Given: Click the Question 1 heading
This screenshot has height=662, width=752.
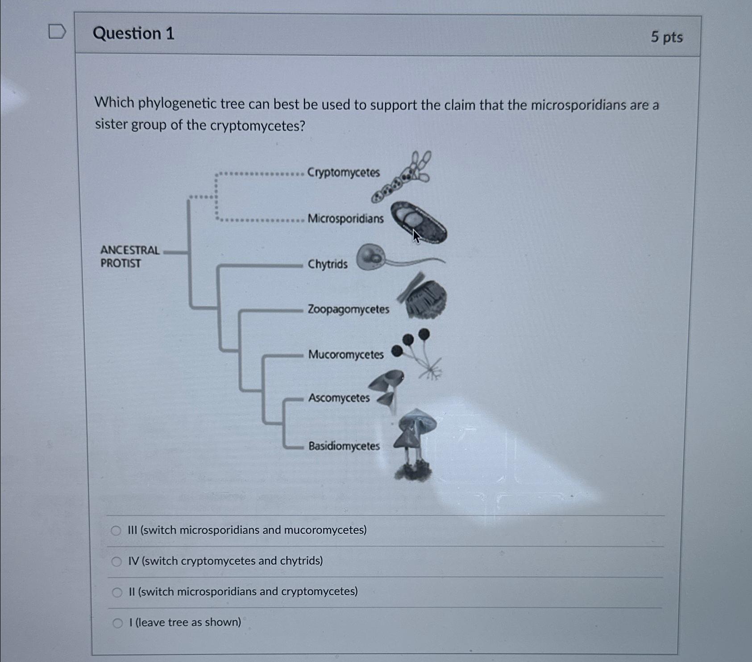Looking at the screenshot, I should point(133,34).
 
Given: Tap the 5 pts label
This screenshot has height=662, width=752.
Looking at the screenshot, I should point(666,37).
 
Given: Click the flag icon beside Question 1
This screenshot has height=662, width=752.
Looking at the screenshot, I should point(57,32).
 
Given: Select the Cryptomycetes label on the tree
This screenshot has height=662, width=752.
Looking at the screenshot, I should point(343,172).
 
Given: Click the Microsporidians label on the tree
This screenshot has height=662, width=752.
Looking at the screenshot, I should point(345,218).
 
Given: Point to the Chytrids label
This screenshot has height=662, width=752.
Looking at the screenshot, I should point(327,264).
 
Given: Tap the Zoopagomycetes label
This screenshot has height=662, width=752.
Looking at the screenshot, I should point(348,309).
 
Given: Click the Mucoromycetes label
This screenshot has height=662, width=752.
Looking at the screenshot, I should point(346,355).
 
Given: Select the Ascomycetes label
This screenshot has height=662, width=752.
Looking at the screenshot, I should point(339,398).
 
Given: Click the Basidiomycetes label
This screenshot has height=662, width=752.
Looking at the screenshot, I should point(344,446).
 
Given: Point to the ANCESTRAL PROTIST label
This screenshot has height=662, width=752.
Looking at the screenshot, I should point(129,256).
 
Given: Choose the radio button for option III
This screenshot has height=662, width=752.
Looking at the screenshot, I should point(116,531).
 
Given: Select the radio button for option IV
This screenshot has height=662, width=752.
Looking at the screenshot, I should point(116,561).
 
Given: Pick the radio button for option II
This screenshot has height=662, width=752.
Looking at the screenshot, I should point(117,592).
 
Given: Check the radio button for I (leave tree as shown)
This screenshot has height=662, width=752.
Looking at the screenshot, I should point(117,623).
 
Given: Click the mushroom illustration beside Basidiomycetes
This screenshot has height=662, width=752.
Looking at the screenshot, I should point(415,442).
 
